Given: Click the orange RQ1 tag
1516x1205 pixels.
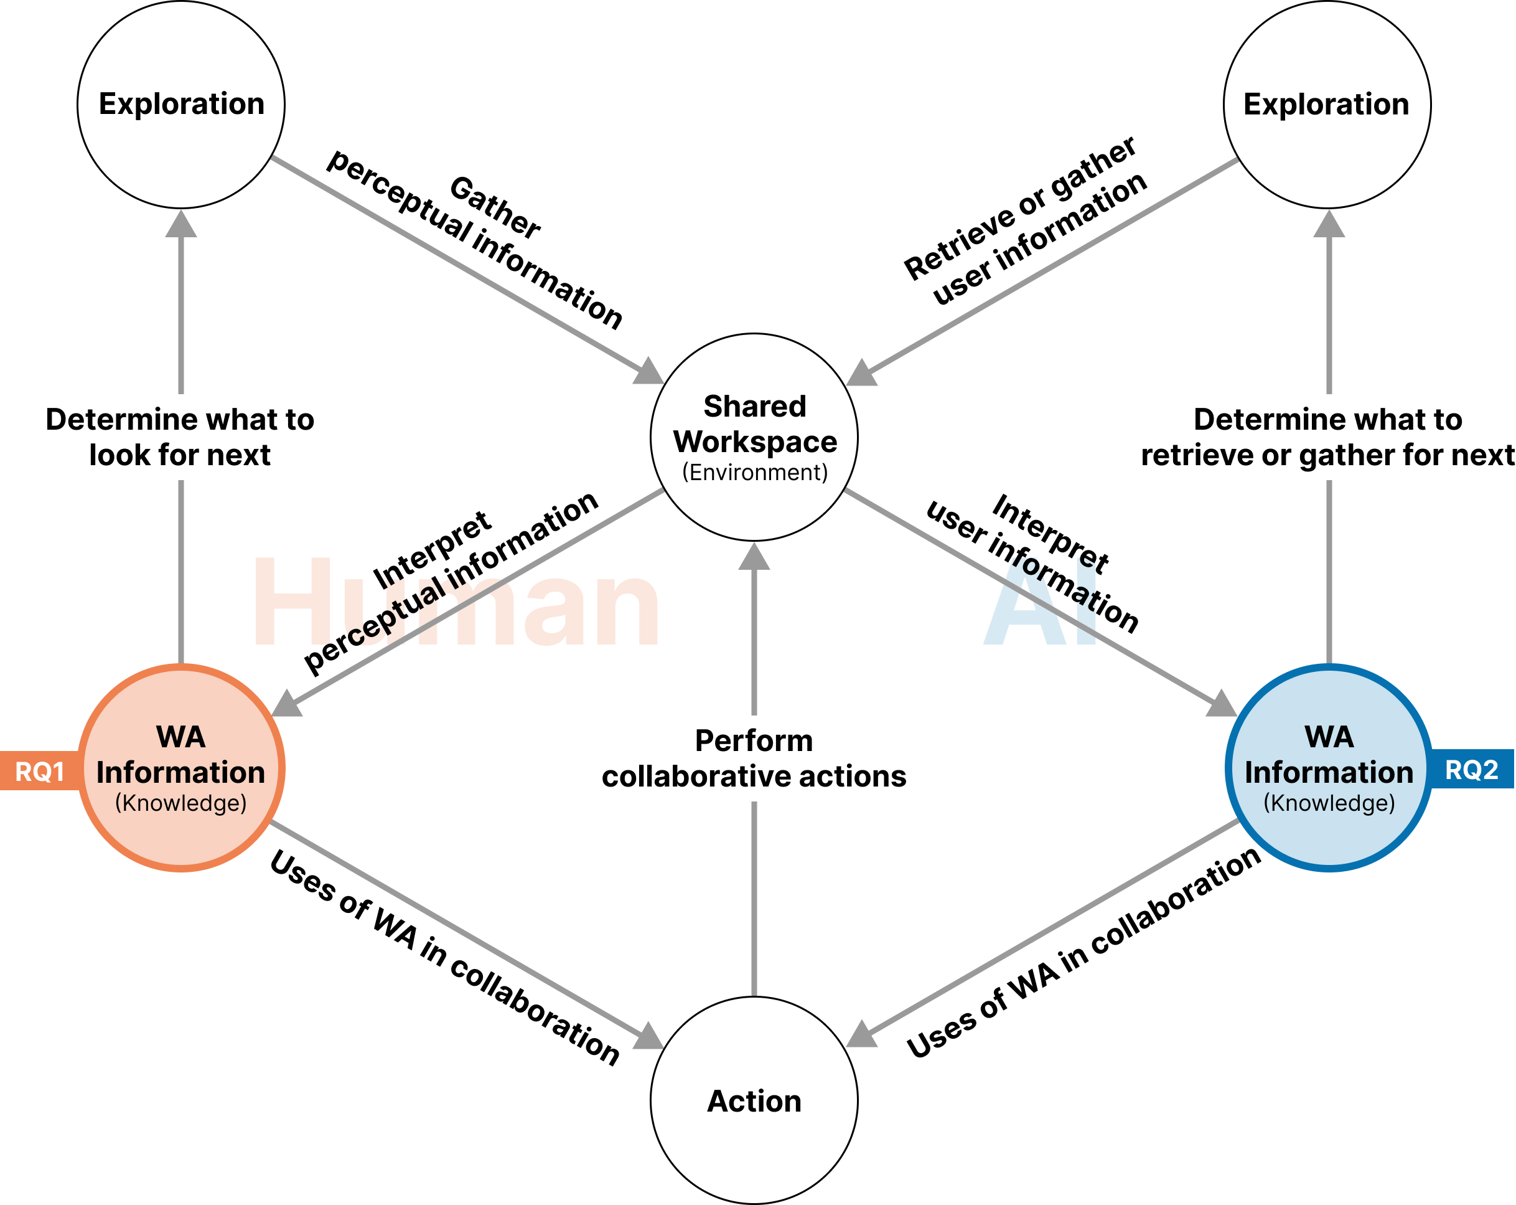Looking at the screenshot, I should [39, 771].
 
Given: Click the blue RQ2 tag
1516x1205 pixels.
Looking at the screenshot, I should [1471, 769].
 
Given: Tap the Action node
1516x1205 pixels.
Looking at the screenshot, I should [754, 1101].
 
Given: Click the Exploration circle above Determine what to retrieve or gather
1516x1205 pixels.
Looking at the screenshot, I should [1327, 104].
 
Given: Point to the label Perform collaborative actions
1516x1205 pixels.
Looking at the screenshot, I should [754, 758].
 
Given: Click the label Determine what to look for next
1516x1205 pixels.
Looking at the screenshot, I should [180, 437].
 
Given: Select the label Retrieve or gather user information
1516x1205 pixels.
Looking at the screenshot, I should [1027, 222].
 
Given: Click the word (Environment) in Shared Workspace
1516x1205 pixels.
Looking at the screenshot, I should [754, 472].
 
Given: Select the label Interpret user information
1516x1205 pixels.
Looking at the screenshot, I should [1034, 563].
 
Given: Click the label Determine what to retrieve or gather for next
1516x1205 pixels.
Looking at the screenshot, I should [1327, 437].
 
